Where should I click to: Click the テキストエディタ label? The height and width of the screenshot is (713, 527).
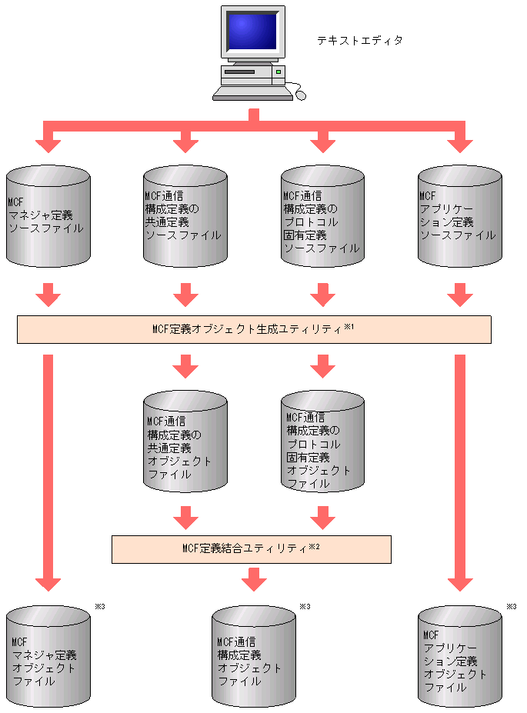tap(359, 40)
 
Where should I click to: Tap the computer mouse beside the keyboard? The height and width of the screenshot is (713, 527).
tap(300, 95)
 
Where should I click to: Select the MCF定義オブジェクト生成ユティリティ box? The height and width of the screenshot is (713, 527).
tap(254, 329)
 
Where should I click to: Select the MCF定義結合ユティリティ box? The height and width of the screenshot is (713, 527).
tap(252, 549)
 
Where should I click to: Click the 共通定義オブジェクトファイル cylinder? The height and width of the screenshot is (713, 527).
tap(185, 441)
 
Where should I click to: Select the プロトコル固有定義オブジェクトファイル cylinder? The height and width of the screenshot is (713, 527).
tap(322, 441)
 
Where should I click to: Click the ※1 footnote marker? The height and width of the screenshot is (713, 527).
tap(348, 327)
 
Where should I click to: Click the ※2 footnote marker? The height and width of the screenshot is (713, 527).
tap(313, 547)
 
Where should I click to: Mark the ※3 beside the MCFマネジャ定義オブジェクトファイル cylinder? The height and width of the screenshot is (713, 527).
tap(99, 607)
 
